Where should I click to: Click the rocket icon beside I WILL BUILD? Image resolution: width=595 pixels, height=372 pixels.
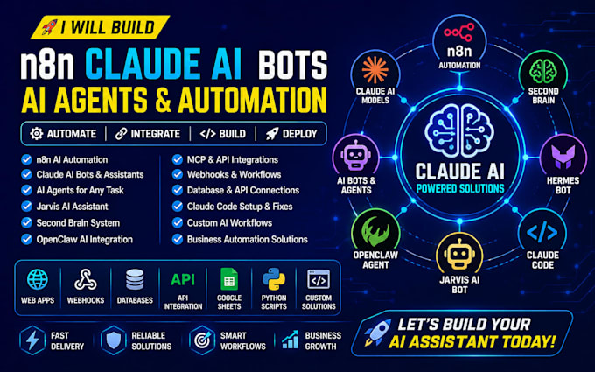click(x=50, y=27)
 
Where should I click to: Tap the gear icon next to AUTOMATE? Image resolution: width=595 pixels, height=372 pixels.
click(x=37, y=134)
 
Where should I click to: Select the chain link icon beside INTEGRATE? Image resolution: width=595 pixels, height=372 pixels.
click(x=121, y=134)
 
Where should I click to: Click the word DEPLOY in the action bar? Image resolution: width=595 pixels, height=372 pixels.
click(x=299, y=134)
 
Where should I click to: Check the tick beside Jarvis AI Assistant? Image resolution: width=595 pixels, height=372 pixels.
click(x=26, y=206)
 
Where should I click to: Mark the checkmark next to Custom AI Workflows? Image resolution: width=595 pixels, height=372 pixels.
click(x=178, y=222)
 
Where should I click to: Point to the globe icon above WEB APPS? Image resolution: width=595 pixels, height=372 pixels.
click(x=37, y=279)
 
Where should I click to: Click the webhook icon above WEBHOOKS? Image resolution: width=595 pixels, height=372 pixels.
click(x=86, y=280)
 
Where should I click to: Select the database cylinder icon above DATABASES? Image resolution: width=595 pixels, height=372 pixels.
click(x=135, y=279)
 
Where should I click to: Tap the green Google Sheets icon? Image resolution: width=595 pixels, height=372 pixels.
click(x=229, y=279)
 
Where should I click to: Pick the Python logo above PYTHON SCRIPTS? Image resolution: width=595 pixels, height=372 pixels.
click(x=274, y=279)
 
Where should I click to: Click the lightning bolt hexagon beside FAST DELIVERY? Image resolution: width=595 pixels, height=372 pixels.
click(x=32, y=340)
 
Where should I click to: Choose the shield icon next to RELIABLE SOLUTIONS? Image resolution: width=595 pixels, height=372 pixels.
click(x=114, y=340)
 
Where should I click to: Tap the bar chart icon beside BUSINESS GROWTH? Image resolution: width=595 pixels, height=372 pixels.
click(x=290, y=340)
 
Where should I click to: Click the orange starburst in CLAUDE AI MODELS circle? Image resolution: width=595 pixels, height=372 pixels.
click(x=374, y=70)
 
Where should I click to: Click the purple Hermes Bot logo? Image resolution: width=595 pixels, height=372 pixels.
click(x=563, y=157)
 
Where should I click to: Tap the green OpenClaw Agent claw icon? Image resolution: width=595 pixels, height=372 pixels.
click(x=375, y=232)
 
